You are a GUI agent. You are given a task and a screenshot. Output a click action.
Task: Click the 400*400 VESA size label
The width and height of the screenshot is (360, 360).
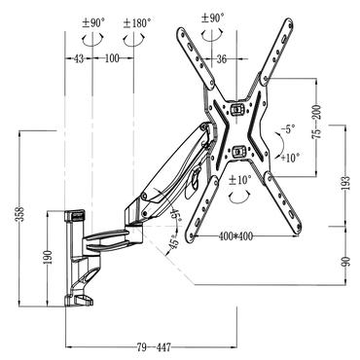click(x=235, y=236)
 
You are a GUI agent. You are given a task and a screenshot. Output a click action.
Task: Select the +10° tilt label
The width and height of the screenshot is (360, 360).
click(x=288, y=157)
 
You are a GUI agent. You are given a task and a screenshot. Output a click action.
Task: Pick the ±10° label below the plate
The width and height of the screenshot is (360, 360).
click(x=239, y=179)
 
